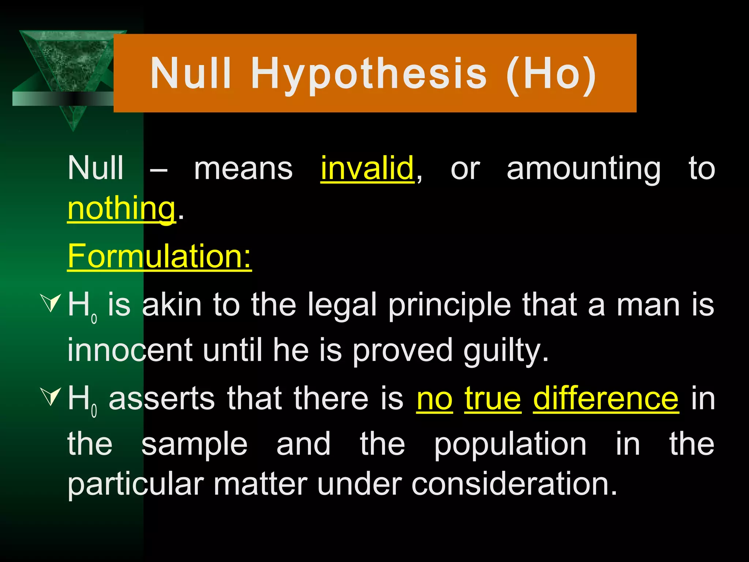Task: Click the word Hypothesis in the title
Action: click(x=369, y=74)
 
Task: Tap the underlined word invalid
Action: click(x=367, y=168)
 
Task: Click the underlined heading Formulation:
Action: click(x=159, y=256)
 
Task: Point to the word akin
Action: click(x=172, y=305)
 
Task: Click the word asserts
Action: click(x=162, y=399)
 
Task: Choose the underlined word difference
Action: click(x=606, y=399)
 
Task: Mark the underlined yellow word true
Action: click(x=493, y=399)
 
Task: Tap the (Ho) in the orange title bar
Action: click(x=551, y=74)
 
